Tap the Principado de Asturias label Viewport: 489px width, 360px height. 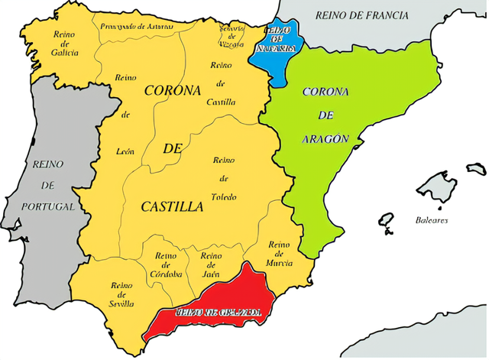[137, 26]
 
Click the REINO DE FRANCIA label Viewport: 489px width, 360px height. [363, 15]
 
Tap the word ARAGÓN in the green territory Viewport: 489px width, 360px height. [325, 139]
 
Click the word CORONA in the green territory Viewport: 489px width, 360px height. [325, 92]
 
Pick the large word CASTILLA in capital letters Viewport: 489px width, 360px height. [172, 206]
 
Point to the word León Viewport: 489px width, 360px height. [125, 151]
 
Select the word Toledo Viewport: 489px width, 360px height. [223, 196]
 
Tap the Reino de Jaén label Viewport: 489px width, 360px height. [212, 265]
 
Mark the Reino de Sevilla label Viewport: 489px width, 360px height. [122, 295]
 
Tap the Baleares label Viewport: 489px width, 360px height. [432, 220]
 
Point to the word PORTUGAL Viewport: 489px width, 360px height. [47, 206]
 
